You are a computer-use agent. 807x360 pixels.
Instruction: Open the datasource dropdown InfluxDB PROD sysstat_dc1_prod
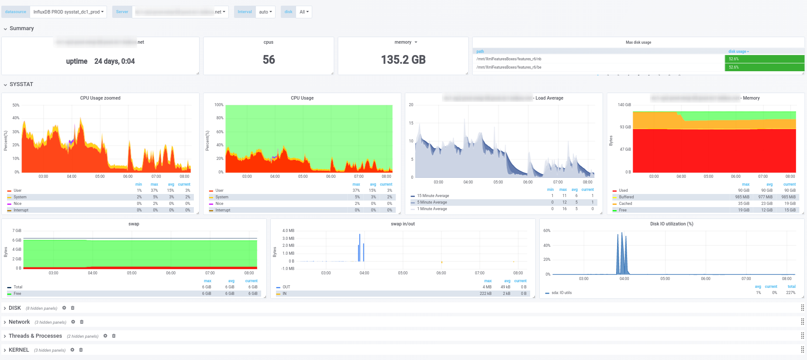[69, 12]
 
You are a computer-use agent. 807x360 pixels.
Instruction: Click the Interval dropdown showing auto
[265, 12]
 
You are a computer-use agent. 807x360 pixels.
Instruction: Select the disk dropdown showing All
[304, 12]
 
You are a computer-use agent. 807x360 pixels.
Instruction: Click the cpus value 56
[269, 60]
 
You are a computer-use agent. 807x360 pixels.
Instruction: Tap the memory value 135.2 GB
[403, 60]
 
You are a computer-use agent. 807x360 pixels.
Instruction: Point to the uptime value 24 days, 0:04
[114, 61]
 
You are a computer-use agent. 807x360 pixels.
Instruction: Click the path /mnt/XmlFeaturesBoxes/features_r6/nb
[509, 59]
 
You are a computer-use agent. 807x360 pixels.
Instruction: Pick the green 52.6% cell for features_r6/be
[764, 67]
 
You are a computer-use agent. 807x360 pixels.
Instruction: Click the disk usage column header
[738, 52]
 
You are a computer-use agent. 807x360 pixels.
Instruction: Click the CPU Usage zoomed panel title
[100, 98]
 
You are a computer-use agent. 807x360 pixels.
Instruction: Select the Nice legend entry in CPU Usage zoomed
[17, 204]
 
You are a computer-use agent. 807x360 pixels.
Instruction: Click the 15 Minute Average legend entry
[433, 196]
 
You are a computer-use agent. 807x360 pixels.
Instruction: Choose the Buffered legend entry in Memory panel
[626, 197]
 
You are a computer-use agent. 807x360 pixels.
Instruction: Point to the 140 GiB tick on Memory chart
[624, 105]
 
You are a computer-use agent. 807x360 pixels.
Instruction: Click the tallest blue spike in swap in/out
[360, 245]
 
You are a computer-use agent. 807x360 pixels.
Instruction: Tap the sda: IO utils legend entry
[561, 293]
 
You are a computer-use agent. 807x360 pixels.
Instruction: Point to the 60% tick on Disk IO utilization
[547, 231]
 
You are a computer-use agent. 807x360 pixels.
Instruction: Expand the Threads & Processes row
[35, 336]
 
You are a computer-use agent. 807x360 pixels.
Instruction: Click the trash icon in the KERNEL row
[81, 350]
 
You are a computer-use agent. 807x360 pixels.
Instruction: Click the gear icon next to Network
[73, 322]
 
